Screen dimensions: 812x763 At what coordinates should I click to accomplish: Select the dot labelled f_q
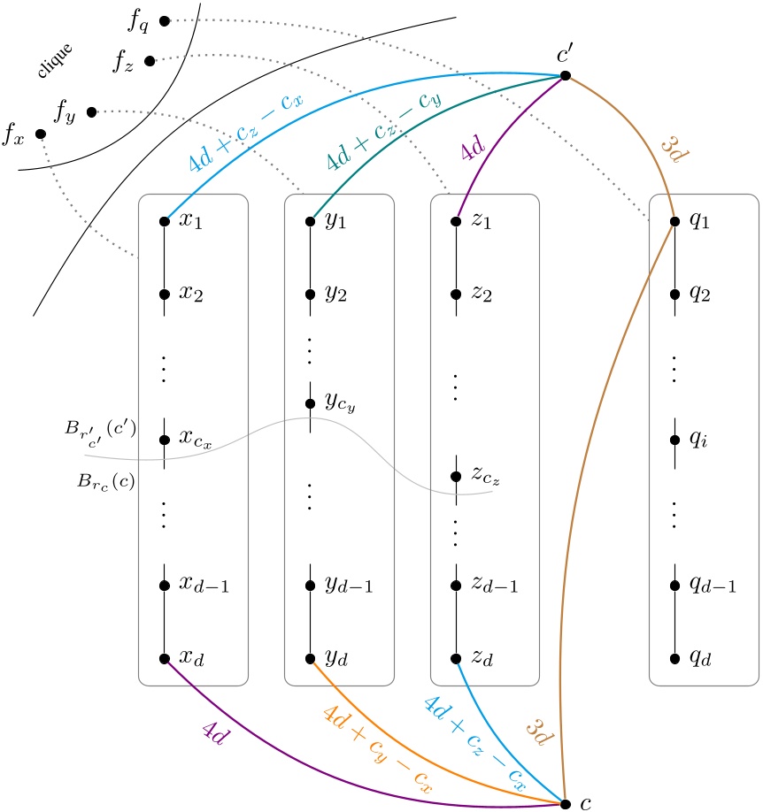pyautogui.click(x=165, y=19)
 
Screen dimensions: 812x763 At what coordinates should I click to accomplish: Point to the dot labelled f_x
pyautogui.click(x=40, y=134)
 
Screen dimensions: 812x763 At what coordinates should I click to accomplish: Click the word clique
pyautogui.click(x=54, y=60)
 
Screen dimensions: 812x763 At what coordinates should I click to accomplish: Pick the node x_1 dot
pyautogui.click(x=164, y=221)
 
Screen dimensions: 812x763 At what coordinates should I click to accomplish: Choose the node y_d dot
pyautogui.click(x=310, y=658)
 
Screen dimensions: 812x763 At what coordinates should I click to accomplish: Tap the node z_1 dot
pyautogui.click(x=456, y=221)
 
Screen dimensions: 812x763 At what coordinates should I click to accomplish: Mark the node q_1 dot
pyautogui.click(x=674, y=221)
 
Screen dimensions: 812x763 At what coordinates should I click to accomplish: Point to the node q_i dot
pyautogui.click(x=674, y=440)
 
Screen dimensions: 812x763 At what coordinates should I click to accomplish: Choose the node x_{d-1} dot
pyautogui.click(x=164, y=585)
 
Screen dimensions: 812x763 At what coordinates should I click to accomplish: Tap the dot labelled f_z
pyautogui.click(x=150, y=60)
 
